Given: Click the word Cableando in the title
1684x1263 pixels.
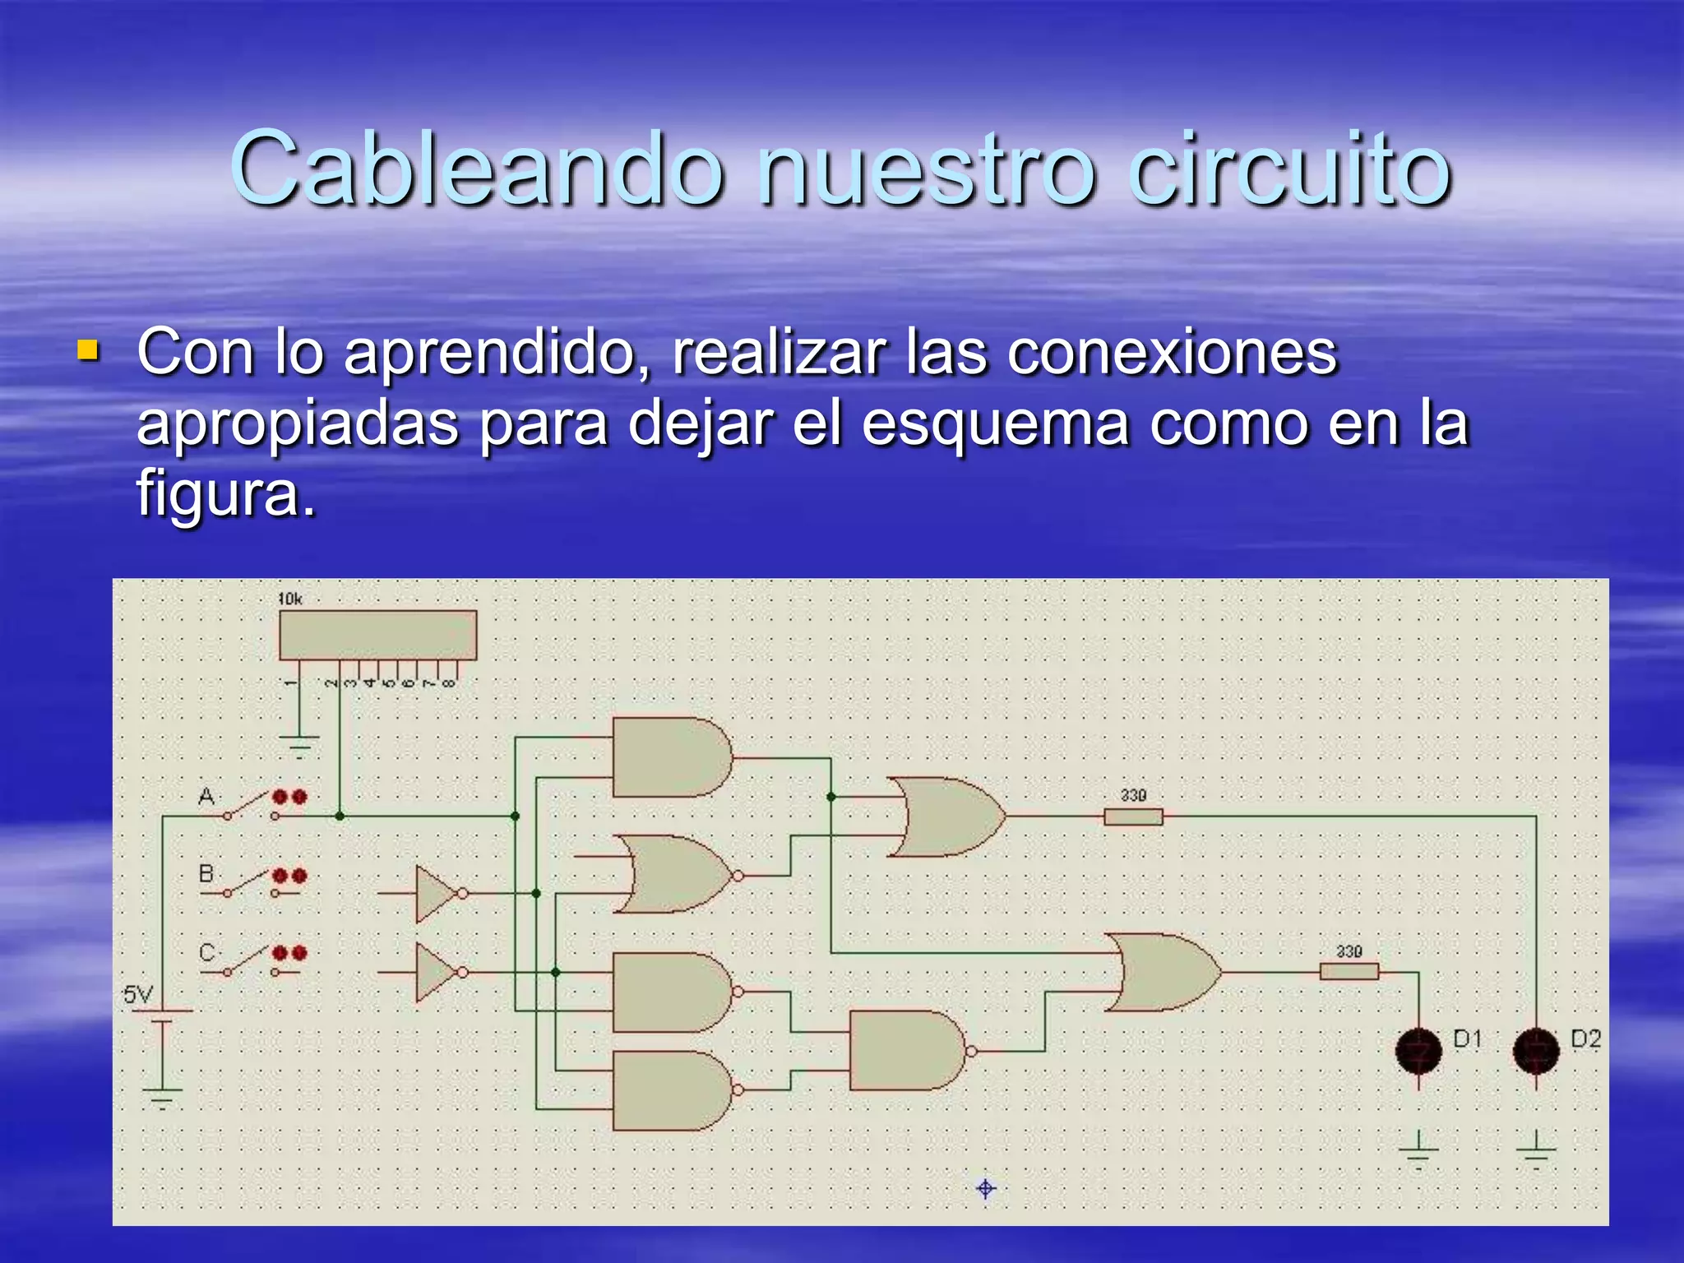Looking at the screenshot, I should click(477, 169).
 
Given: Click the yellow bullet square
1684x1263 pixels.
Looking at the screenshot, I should click(87, 352).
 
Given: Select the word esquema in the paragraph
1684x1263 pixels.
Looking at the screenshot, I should click(995, 423).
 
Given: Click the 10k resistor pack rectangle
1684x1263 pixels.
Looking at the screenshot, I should click(377, 635).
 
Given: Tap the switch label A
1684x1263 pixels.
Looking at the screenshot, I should click(206, 796).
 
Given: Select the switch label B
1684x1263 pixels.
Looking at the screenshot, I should click(206, 873).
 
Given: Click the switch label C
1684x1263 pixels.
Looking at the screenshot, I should click(206, 952).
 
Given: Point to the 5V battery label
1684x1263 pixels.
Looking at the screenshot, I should click(137, 995).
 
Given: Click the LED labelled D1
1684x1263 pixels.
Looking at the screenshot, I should click(1418, 1051).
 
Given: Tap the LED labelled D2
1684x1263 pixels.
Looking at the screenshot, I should click(1536, 1051).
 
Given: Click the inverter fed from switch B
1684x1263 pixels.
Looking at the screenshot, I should click(436, 894).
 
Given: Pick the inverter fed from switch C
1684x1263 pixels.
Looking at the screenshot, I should click(436, 972).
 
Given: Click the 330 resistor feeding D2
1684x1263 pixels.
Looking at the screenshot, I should click(1133, 817).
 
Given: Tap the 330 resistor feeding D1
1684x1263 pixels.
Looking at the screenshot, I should click(1349, 972).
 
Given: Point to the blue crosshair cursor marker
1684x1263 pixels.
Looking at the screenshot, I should click(986, 1188).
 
